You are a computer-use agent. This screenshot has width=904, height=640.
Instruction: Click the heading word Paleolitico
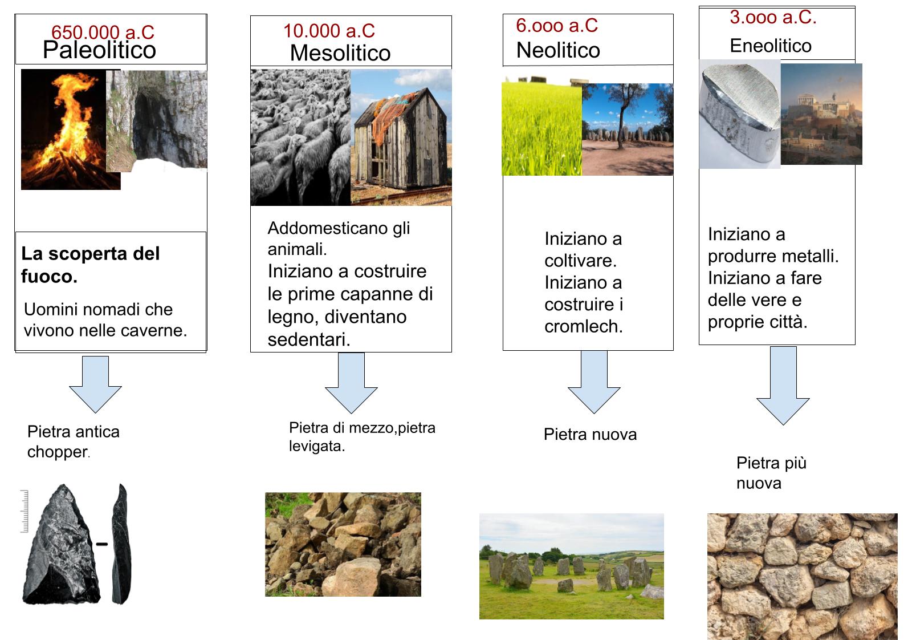(99, 50)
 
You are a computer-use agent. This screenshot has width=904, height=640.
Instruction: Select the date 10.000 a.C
(329, 31)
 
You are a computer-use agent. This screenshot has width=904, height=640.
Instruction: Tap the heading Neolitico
(558, 50)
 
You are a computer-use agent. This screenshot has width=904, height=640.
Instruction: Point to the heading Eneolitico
(771, 45)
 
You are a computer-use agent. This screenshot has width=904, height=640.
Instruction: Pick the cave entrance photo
(157, 120)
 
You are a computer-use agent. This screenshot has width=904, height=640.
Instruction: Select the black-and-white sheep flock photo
(300, 137)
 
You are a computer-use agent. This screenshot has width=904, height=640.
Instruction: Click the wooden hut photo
(401, 137)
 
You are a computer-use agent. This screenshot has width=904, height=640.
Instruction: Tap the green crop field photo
(541, 128)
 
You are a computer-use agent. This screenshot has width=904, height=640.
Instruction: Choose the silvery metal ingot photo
(739, 114)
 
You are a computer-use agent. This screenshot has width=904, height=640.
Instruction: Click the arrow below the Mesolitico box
(351, 383)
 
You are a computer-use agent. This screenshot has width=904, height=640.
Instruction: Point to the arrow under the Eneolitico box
(783, 386)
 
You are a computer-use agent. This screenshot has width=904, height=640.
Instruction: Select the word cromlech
(584, 326)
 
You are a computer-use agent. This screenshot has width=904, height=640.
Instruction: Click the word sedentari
(309, 339)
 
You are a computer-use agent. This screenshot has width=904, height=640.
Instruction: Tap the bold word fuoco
(49, 277)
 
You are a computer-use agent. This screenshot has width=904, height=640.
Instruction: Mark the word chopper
(58, 452)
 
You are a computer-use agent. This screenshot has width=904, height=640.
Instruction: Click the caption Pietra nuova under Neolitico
(590, 435)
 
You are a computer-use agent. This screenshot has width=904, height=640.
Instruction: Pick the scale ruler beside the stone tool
(25, 511)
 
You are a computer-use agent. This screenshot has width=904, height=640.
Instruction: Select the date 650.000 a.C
(103, 33)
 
